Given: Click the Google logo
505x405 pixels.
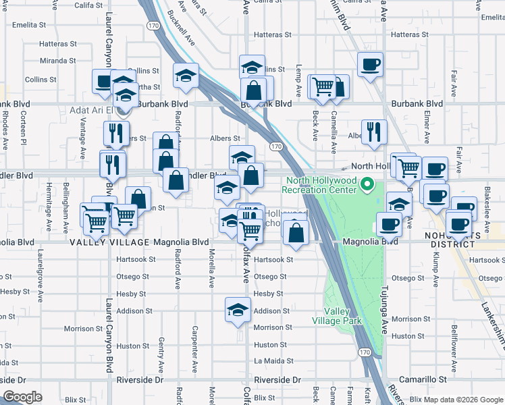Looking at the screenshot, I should pyautogui.click(x=22, y=396).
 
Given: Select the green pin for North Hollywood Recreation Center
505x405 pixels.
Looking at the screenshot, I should pyautogui.click(x=367, y=184).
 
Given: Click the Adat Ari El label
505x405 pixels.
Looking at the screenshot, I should pyautogui.click(x=93, y=110).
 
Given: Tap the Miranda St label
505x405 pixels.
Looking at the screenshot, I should pyautogui.click(x=58, y=61).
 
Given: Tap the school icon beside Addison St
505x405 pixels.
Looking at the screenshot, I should pyautogui.click(x=238, y=310).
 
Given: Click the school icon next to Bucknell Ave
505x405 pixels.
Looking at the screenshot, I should pyautogui.click(x=186, y=76).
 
